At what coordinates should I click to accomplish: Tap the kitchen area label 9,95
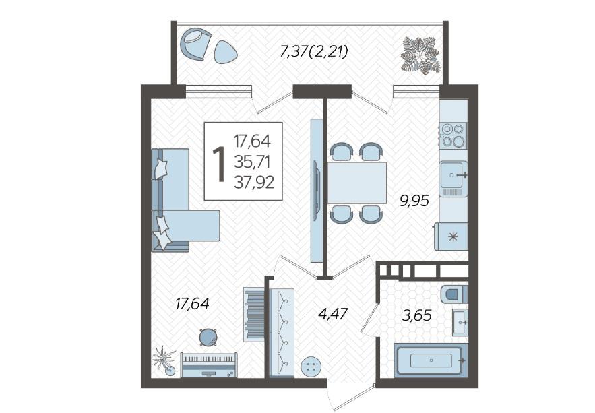[x=414, y=200]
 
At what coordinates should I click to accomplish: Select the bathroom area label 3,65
[x=417, y=315]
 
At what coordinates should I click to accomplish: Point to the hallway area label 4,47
[x=333, y=314]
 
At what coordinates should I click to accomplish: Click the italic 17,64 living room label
[x=192, y=303]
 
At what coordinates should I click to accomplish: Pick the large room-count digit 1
[x=219, y=164]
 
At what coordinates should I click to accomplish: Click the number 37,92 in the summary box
[x=254, y=183]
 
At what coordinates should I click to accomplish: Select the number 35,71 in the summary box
[x=252, y=162]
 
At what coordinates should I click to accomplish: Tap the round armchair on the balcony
[x=195, y=44]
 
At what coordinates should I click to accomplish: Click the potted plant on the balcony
[x=421, y=54]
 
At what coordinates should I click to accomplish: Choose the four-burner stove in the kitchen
[x=453, y=135]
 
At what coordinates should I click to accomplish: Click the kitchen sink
[x=453, y=175]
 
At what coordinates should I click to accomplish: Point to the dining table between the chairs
[x=357, y=183]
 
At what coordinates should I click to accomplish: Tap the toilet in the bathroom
[x=454, y=294]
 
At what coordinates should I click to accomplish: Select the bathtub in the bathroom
[x=431, y=360]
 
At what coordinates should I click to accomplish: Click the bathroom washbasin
[x=460, y=321]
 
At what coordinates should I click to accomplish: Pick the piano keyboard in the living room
[x=209, y=364]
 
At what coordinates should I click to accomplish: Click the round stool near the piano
[x=208, y=337]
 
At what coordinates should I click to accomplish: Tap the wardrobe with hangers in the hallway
[x=282, y=333]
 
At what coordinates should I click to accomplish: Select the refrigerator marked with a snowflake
[x=451, y=236]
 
